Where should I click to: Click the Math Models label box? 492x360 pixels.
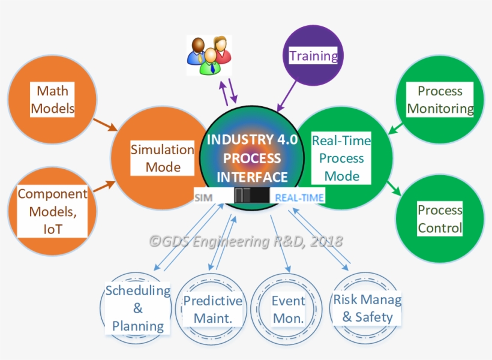(53, 100)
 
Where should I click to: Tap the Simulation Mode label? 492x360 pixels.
(163, 158)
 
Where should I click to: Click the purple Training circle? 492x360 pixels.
(313, 56)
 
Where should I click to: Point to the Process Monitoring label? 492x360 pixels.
(440, 100)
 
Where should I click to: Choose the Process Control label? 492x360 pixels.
(440, 219)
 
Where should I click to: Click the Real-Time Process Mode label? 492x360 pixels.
(341, 158)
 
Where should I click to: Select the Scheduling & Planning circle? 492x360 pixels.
(138, 308)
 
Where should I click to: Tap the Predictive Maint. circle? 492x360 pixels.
(212, 309)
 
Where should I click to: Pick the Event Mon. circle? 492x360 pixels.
(288, 309)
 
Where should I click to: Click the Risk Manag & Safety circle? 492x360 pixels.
(367, 308)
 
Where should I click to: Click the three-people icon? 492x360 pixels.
(208, 55)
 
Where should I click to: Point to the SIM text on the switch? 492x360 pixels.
(204, 197)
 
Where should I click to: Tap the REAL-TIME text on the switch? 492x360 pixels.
(299, 197)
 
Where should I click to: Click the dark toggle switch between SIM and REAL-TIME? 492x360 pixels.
(251, 196)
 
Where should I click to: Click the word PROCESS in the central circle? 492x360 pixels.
(252, 158)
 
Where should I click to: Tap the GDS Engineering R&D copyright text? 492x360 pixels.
(246, 241)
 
